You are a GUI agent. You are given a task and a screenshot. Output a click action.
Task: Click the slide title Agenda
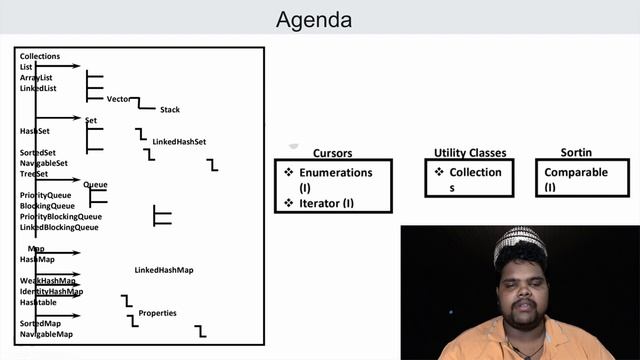(x=314, y=20)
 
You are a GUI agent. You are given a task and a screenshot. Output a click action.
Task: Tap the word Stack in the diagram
(x=170, y=110)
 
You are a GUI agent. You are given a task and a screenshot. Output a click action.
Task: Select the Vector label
(x=119, y=99)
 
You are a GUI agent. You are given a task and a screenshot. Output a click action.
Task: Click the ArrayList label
(x=36, y=78)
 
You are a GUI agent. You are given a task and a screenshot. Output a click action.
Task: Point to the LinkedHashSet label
(x=179, y=141)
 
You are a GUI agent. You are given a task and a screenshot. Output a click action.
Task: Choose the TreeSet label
(x=34, y=174)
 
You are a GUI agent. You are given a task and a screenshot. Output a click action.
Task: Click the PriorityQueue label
(x=46, y=195)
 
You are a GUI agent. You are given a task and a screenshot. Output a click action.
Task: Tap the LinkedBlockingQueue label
(x=59, y=227)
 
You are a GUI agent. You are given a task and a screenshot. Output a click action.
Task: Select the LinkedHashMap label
(x=164, y=270)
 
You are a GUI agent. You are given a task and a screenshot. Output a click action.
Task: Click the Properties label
(x=157, y=313)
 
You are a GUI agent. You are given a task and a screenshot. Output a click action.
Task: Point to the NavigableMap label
(x=46, y=334)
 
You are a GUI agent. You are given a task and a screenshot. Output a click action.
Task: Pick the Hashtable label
(x=38, y=302)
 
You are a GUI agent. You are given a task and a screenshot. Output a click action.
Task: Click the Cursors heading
(x=333, y=153)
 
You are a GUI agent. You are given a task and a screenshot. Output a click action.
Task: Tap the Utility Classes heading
(x=470, y=153)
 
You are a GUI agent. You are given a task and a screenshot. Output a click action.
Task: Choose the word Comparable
(x=576, y=172)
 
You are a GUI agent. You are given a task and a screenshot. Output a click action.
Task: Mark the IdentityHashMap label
(x=51, y=292)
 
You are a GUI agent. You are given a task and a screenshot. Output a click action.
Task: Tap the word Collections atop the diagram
(x=40, y=56)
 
